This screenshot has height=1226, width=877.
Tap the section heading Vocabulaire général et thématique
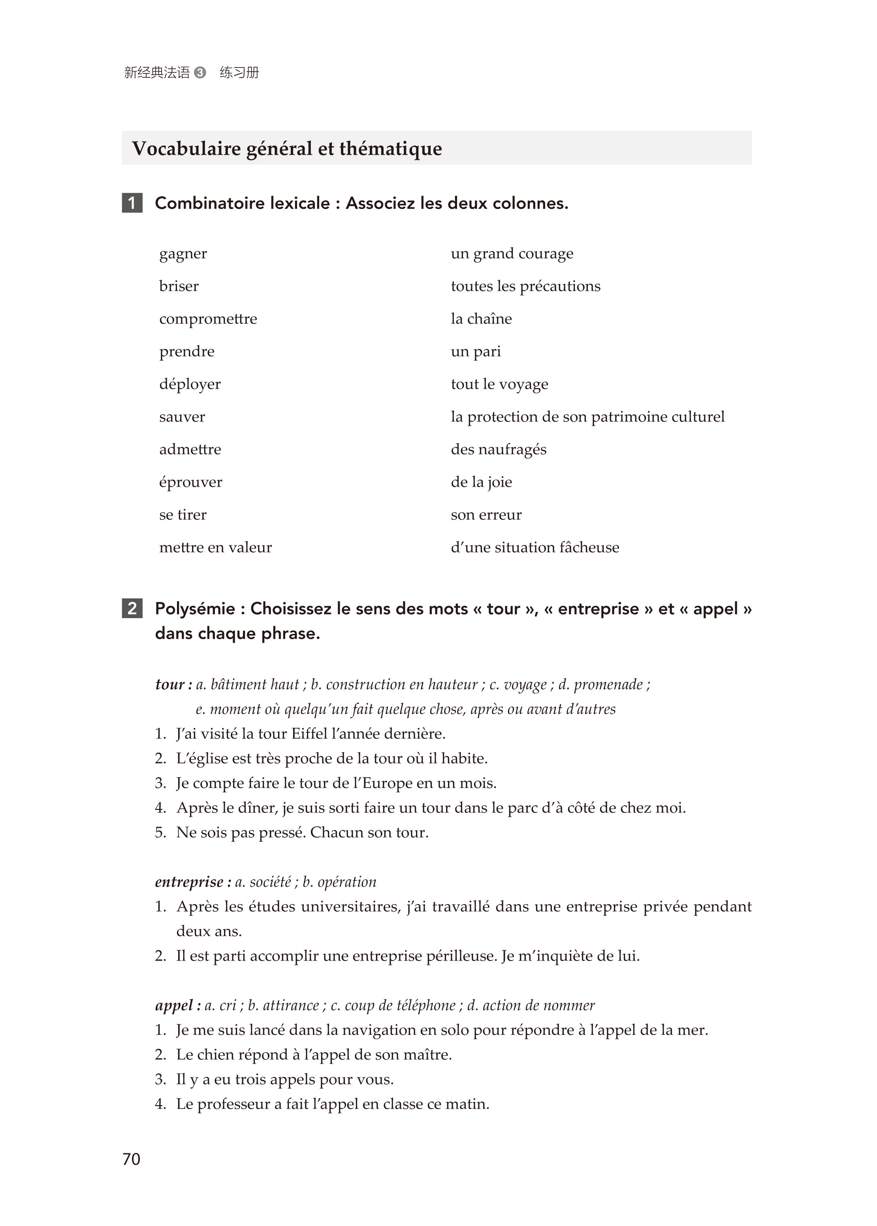(287, 149)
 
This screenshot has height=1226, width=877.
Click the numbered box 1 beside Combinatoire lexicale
(132, 203)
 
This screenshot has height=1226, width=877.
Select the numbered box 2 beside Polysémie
(132, 608)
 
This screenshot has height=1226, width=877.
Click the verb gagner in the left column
(183, 254)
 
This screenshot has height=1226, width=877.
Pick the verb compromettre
(208, 319)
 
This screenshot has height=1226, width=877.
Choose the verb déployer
(190, 384)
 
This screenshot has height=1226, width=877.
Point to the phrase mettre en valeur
(215, 547)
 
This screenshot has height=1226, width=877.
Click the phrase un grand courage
(512, 254)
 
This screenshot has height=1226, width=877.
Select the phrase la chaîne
(481, 319)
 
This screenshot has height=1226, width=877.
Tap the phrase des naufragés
(499, 450)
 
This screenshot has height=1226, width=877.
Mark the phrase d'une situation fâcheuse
(534, 547)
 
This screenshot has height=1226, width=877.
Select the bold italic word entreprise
(189, 882)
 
